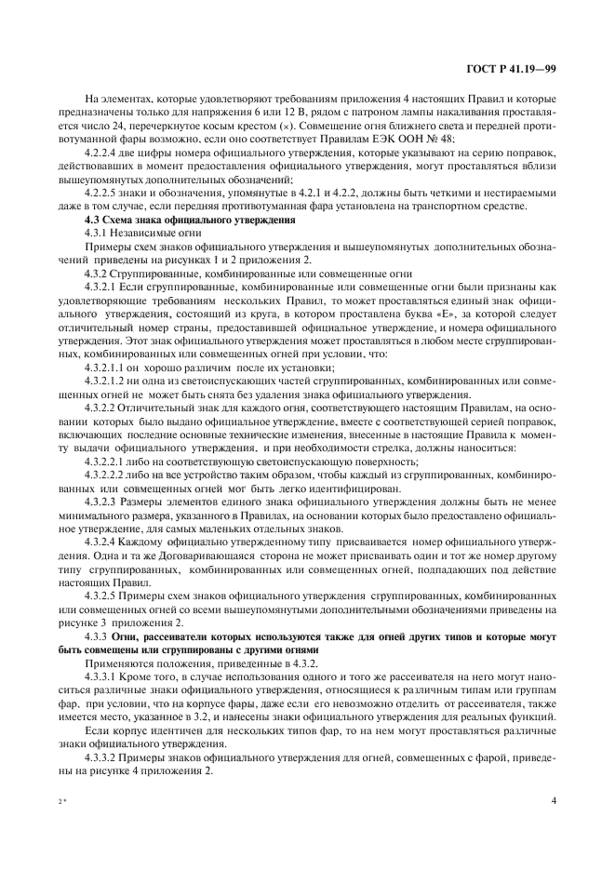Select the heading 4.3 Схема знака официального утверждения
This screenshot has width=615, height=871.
191,220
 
